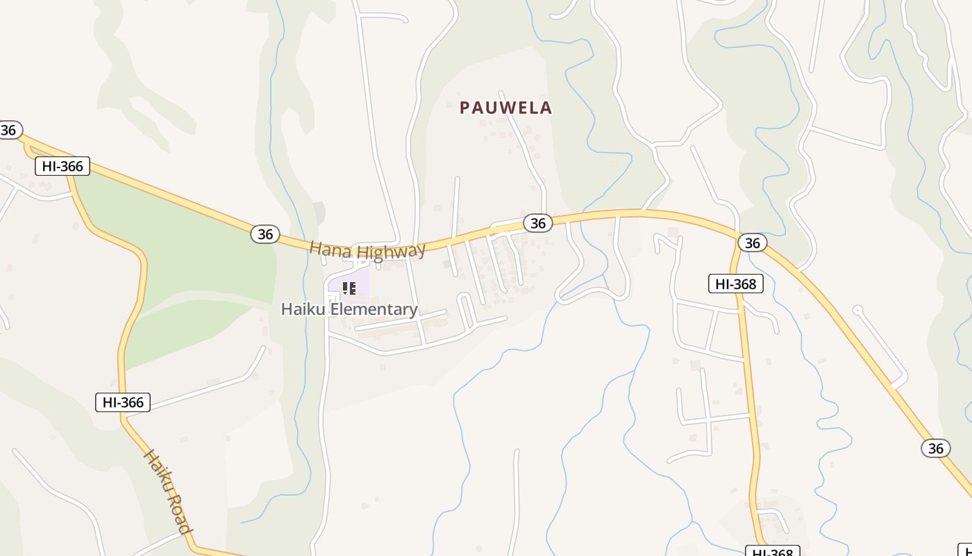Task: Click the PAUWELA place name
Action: pyautogui.click(x=506, y=108)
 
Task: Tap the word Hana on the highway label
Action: pyautogui.click(x=326, y=249)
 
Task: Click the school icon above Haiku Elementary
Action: pyautogui.click(x=349, y=288)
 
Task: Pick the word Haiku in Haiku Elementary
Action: pyautogui.click(x=303, y=309)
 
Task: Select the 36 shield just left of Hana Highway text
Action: pyautogui.click(x=265, y=234)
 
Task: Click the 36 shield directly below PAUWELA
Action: pyautogui.click(x=537, y=222)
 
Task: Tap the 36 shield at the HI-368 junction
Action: pyautogui.click(x=752, y=242)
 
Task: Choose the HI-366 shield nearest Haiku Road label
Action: pyautogui.click(x=123, y=402)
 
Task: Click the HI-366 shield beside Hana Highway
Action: pyautogui.click(x=62, y=166)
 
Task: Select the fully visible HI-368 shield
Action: pyautogui.click(x=736, y=284)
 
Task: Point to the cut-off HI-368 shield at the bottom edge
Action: pyautogui.click(x=773, y=552)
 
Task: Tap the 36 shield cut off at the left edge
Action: pyautogui.click(x=9, y=130)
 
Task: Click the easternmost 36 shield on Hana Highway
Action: pyautogui.click(x=936, y=448)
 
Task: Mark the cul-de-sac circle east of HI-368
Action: pyautogui.click(x=857, y=309)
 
